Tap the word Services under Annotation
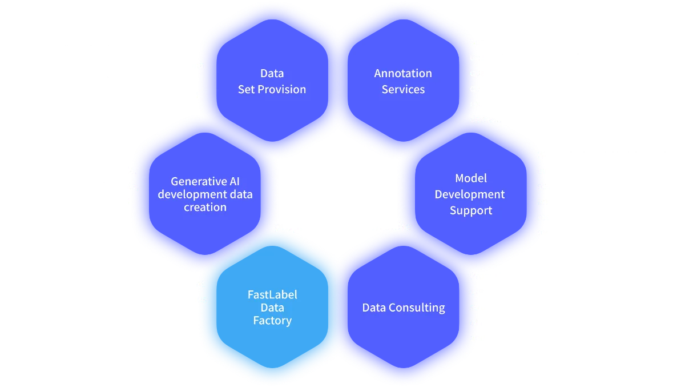(x=403, y=89)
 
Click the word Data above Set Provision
(x=272, y=73)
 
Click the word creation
(x=205, y=207)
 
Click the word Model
(x=470, y=178)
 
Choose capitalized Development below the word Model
(x=470, y=194)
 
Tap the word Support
(x=470, y=210)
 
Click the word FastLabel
(x=272, y=295)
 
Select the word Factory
(x=272, y=321)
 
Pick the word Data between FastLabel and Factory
(x=272, y=308)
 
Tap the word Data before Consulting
(x=375, y=308)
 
